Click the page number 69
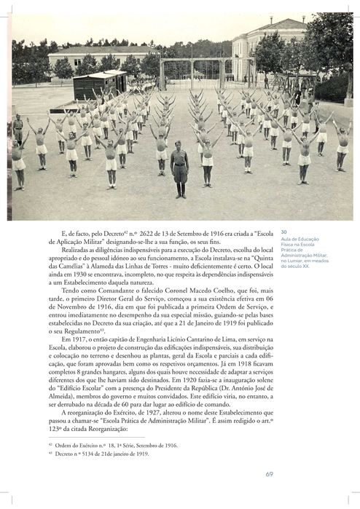pyautogui.click(x=269, y=474)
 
